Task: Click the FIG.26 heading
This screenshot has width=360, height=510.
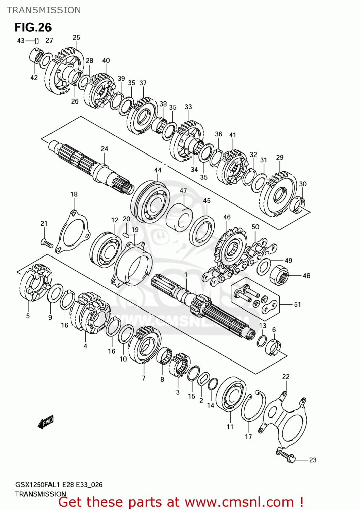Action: point(33,27)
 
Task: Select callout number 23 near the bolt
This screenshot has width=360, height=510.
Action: point(313,460)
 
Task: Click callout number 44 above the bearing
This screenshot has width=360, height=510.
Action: point(158,170)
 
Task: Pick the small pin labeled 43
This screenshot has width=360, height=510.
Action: point(36,41)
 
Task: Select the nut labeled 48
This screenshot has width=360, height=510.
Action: point(279,275)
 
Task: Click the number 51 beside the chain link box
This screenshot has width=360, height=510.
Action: point(297,304)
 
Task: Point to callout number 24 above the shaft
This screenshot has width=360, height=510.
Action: point(104,149)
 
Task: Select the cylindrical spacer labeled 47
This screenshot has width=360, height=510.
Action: point(179,218)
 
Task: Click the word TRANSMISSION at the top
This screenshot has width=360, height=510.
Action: point(44,10)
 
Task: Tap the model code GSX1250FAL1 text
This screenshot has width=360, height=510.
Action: point(37,485)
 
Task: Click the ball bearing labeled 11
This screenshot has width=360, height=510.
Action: point(231,395)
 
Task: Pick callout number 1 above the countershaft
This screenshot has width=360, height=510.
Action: point(186,275)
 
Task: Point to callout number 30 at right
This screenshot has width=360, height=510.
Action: point(303,184)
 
